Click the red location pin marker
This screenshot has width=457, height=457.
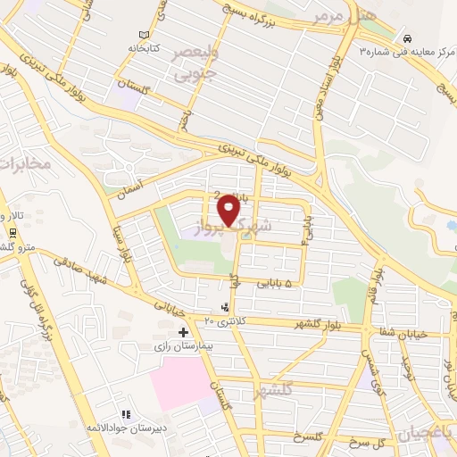click(x=229, y=211)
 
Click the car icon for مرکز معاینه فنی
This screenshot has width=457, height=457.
click(x=407, y=39)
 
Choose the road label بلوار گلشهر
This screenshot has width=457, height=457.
click(x=310, y=323)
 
